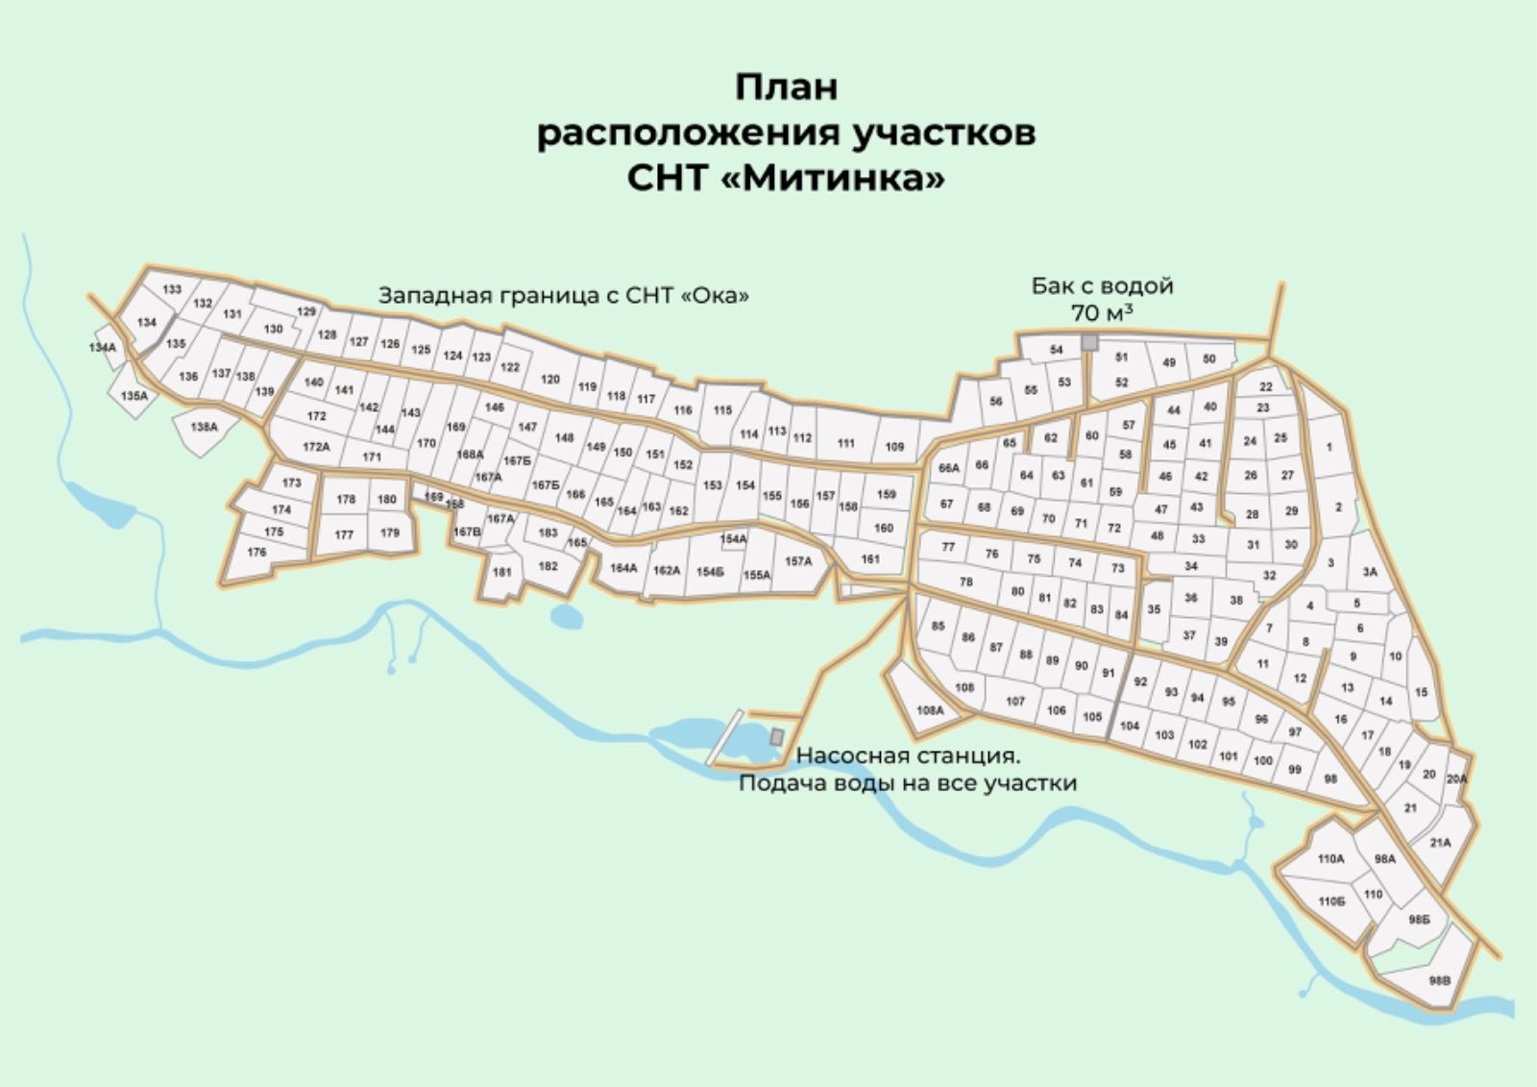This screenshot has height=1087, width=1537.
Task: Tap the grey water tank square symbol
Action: (1089, 342)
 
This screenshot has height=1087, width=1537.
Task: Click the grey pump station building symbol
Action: (777, 735)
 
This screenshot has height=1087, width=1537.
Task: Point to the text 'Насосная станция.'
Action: (908, 755)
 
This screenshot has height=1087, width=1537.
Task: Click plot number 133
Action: (172, 289)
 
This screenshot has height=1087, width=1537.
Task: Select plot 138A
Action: (204, 427)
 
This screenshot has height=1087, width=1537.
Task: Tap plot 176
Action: (256, 553)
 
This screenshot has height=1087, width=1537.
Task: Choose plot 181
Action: (501, 572)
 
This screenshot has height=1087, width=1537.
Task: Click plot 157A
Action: (798, 561)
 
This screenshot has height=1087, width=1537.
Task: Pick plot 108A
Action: (929, 710)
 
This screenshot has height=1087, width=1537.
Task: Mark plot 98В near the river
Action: (1439, 981)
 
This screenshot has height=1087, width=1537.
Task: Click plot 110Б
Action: (1331, 902)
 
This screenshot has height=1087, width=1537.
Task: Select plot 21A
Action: (1440, 843)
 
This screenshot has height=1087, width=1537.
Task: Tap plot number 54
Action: (1056, 350)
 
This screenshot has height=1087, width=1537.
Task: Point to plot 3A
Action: (1369, 572)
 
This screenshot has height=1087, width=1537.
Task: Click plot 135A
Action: (134, 396)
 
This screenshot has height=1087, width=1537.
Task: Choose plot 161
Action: (870, 558)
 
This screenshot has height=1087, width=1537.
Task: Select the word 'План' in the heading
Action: (786, 86)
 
